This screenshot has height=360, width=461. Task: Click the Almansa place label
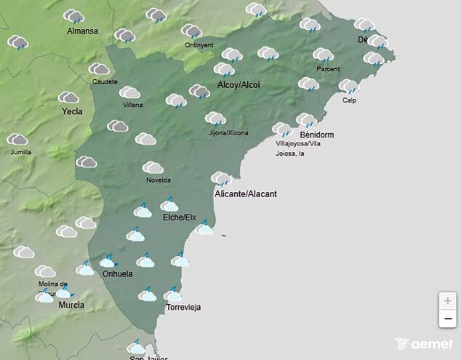82,31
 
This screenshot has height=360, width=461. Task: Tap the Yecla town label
72,112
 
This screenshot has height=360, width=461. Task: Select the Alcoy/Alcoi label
238,85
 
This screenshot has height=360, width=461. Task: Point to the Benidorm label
316,135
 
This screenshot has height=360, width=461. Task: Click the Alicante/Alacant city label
246,194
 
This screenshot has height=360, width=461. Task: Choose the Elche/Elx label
180,217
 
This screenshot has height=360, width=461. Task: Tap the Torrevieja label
184,308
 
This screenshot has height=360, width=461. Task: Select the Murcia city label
71,305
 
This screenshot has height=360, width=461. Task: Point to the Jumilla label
21,152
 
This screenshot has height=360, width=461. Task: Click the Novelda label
159,180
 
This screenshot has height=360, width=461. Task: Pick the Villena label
133,105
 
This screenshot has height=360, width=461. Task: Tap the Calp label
349,100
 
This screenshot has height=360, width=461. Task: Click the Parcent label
328,69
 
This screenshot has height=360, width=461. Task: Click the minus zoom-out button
448,319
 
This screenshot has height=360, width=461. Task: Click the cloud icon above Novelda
153,168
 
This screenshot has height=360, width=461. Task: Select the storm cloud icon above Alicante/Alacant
221,179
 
